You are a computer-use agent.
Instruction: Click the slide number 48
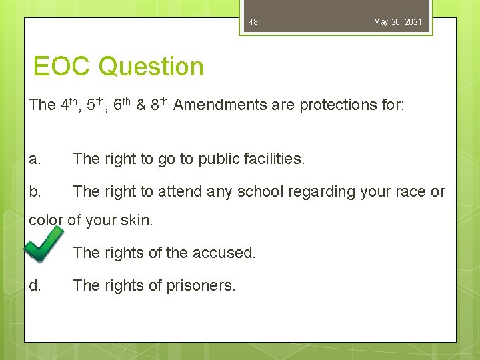coord(253,22)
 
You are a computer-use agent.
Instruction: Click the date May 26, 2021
coord(397,22)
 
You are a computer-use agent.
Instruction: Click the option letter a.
coord(35,159)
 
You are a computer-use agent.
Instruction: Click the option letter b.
coord(35,192)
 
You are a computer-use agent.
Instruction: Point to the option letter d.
coord(35,286)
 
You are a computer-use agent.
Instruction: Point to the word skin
coord(139,220)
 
